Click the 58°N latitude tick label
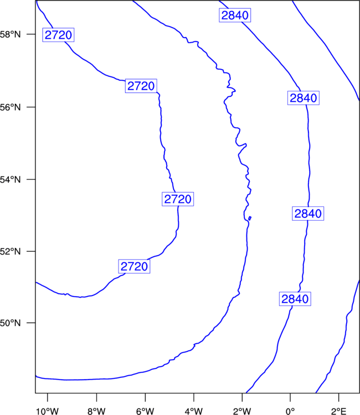tap(10, 34)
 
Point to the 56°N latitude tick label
tap(10, 107)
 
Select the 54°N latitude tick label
tap(10, 180)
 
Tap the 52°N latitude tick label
tap(10, 251)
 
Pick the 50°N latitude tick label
tap(10, 323)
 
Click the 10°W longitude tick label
tap(48, 411)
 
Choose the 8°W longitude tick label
tap(96, 411)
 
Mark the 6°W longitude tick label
tap(145, 411)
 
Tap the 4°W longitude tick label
tap(194, 411)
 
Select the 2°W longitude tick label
tap(242, 411)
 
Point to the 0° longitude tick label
tap(290, 411)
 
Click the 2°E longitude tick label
tap(338, 411)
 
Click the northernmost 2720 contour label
tap(58, 35)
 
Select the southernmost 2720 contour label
tap(134, 266)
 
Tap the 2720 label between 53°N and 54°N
tap(178, 199)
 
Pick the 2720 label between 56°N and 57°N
tap(141, 86)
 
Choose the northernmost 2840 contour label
tap(235, 15)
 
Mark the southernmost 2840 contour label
tap(295, 299)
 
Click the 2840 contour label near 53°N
tap(308, 214)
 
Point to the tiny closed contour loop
tap(250, 219)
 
